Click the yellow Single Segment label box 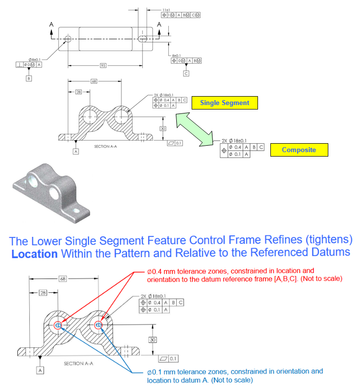(224, 103)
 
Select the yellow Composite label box (299, 150)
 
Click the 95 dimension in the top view (103, 64)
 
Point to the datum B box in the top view (29, 78)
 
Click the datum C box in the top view (186, 73)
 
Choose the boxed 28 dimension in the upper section (78, 92)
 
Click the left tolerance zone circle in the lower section (58, 325)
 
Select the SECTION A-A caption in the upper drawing (104, 147)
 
